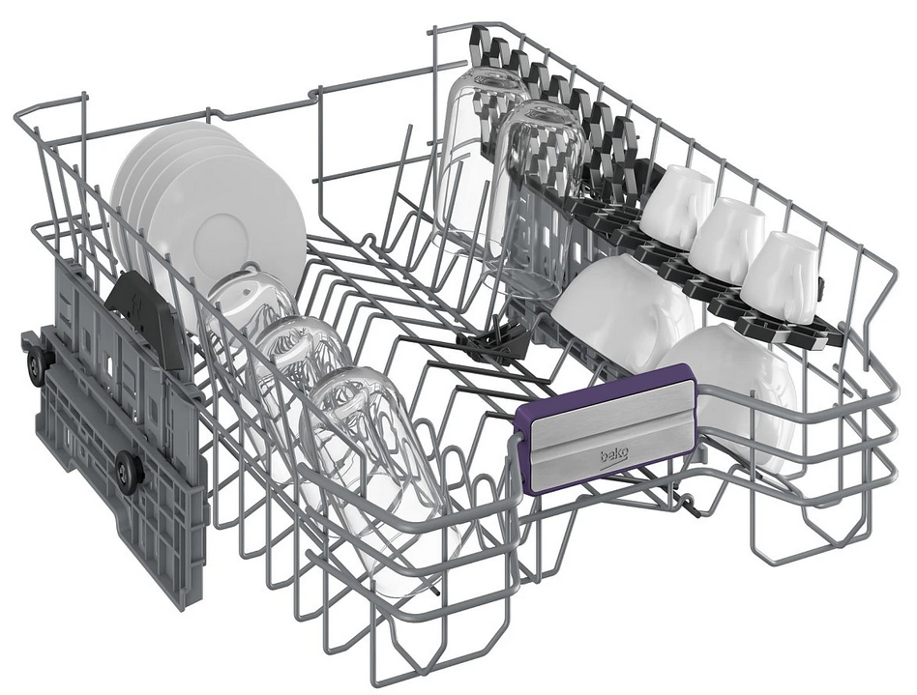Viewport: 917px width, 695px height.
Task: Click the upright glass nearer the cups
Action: click(535, 199)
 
